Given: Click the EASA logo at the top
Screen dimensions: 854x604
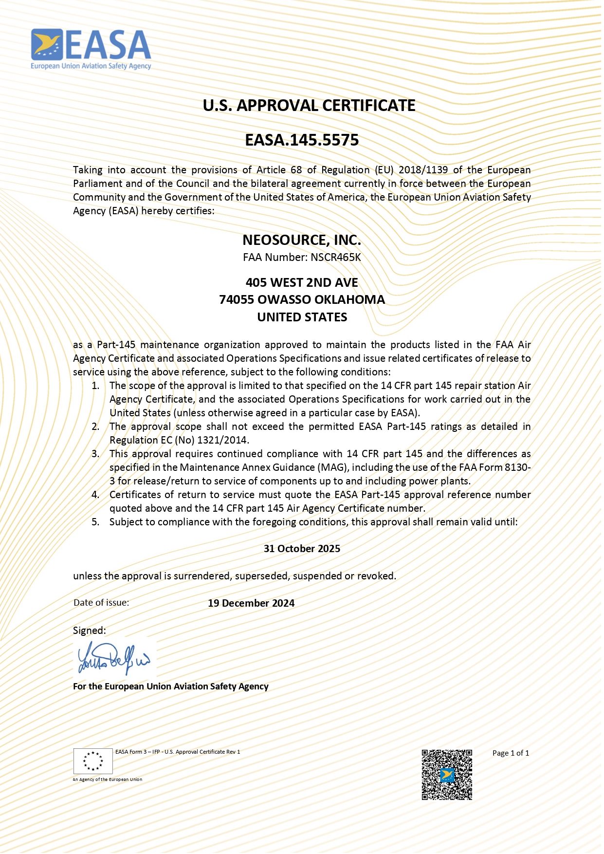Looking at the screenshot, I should tap(91, 49).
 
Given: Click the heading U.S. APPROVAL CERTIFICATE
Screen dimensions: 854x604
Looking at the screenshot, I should tap(309, 106).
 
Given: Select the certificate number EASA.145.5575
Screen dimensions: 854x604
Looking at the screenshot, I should tap(302, 140).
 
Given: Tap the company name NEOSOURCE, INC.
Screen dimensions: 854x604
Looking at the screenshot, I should tap(302, 240).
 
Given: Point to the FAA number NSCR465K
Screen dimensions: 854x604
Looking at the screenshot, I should tap(336, 258).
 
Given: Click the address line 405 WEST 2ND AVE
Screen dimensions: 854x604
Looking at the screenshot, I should tap(302, 283).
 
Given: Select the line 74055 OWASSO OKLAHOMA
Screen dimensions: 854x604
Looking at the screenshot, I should tap(302, 300).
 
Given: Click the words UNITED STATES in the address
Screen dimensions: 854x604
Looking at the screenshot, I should tap(302, 317).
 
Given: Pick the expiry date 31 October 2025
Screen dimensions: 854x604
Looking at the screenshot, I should tap(302, 549).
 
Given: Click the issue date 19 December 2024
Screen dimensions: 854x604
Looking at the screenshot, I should tap(251, 603).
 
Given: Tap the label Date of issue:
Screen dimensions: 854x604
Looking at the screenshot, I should tap(101, 603).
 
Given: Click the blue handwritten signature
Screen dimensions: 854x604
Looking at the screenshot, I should tap(114, 658).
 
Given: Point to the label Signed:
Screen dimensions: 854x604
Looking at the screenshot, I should tap(89, 631).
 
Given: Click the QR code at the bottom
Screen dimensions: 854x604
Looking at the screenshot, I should tap(446, 775).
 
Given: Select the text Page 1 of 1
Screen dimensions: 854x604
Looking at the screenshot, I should tap(511, 753).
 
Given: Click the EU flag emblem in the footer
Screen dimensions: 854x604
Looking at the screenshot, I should tap(93, 761).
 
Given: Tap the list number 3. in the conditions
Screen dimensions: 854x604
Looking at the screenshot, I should tap(95, 454).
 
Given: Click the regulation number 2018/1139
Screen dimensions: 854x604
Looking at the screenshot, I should tap(423, 170).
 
